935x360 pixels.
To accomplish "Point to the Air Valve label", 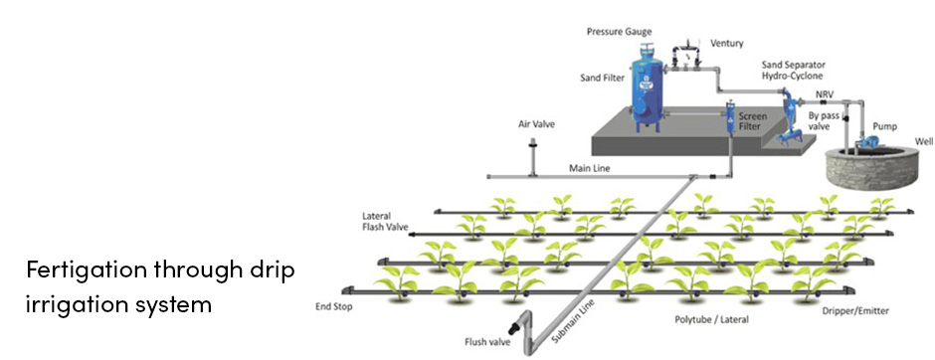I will coord(536,124).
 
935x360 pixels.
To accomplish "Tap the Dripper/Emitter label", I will coord(854,311).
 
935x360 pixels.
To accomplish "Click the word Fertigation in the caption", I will coord(87,270).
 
